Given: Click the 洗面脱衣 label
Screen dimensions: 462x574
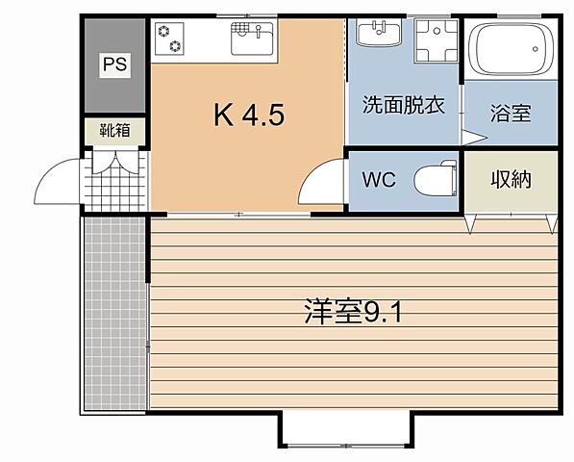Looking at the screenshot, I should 404,106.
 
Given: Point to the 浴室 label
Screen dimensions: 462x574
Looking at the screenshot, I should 510,115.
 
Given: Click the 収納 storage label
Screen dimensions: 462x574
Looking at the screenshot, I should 511,179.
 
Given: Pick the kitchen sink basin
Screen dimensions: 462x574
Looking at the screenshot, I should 253,39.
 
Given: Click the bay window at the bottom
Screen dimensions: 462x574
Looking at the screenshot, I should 348,431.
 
